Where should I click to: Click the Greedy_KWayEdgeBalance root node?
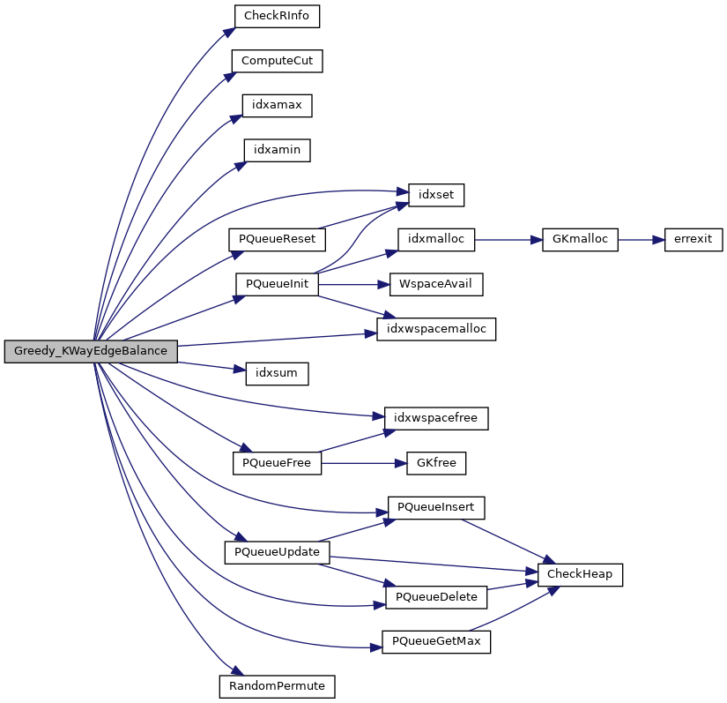[91, 351]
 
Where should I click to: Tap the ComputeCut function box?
[277, 61]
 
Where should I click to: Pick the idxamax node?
[277, 105]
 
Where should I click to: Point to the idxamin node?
[277, 150]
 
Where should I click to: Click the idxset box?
[435, 194]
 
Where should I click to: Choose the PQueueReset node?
[277, 239]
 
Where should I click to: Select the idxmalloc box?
[436, 238]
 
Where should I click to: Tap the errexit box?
[693, 238]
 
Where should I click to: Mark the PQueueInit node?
[277, 284]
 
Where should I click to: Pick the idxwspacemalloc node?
[436, 328]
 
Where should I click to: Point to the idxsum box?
[277, 373]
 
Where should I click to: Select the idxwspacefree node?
[436, 417]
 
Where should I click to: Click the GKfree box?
[436, 462]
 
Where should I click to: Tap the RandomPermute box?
[277, 685]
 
